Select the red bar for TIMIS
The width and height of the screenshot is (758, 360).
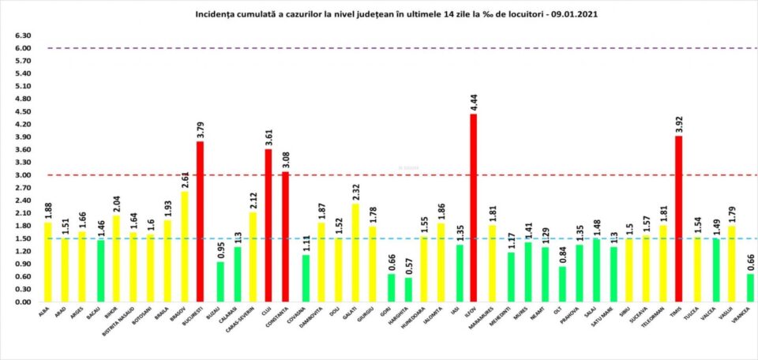[x=678, y=219]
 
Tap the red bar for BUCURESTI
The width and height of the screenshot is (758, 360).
[x=201, y=222]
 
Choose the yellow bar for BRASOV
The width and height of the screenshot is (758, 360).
[x=184, y=246]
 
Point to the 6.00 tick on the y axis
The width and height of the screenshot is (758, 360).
[x=23, y=48]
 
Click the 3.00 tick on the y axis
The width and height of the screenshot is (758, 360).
[x=23, y=175]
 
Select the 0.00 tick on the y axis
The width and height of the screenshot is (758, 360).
[x=23, y=302]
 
